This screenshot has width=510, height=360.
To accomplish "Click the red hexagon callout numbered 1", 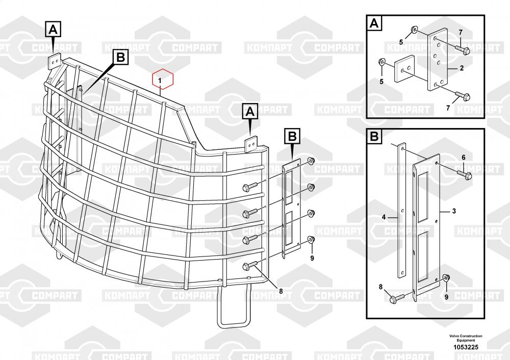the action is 163,79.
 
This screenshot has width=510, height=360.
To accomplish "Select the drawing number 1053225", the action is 466,347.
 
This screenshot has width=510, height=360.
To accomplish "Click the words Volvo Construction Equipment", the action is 466,338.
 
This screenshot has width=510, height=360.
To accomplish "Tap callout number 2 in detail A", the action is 462,68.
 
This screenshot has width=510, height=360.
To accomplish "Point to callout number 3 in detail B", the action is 454,211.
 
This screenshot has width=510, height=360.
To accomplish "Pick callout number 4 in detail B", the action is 384,217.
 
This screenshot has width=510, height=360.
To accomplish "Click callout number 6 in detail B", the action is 464,158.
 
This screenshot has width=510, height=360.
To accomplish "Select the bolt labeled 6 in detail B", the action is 464,174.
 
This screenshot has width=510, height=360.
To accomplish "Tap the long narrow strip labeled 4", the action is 402,211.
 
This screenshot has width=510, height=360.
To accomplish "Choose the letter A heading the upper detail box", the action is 375,23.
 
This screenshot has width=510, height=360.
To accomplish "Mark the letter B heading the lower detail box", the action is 374,136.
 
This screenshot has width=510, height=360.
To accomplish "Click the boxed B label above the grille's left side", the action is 121,58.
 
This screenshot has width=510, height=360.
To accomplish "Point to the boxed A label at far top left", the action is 53,30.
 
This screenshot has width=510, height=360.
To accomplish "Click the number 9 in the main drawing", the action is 312,258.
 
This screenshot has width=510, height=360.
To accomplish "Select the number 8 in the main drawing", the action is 280,291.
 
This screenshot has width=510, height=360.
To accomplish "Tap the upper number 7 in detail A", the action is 461,33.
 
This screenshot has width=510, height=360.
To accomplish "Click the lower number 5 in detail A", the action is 381,81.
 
